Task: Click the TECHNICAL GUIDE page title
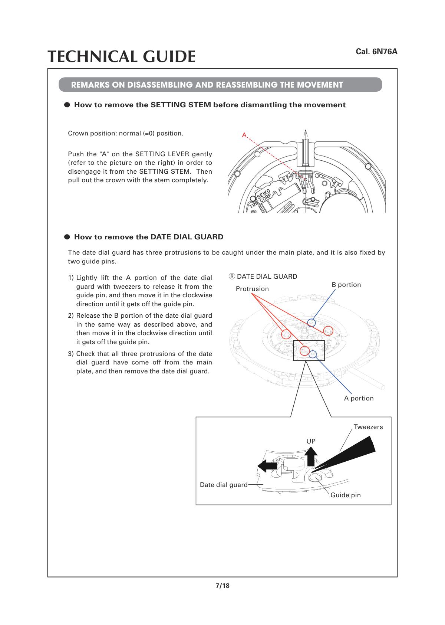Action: click(x=122, y=56)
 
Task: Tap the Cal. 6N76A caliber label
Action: click(x=376, y=52)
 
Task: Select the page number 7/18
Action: click(x=222, y=585)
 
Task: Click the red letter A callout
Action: click(x=244, y=135)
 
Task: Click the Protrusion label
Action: click(x=252, y=289)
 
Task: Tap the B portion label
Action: click(x=346, y=285)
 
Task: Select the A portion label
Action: click(x=359, y=398)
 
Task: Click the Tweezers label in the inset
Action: click(x=368, y=426)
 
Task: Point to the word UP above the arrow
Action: click(x=311, y=441)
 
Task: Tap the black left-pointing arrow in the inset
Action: click(x=267, y=466)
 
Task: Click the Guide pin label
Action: click(x=346, y=495)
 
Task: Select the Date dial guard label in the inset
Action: click(x=224, y=485)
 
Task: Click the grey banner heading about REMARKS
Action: click(x=220, y=85)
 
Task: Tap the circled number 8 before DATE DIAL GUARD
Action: click(x=232, y=276)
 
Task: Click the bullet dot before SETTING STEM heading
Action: click(x=67, y=105)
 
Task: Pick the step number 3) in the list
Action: click(x=71, y=354)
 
